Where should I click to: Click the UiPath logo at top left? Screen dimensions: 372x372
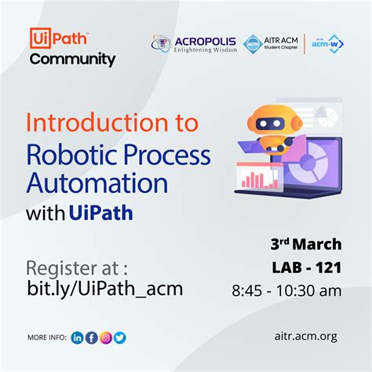pyautogui.click(x=59, y=38)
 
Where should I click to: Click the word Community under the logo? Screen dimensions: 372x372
pyautogui.click(x=72, y=60)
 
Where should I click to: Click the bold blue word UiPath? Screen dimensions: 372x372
pyautogui.click(x=100, y=213)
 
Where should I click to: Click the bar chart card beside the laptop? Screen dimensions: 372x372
pyautogui.click(x=255, y=176)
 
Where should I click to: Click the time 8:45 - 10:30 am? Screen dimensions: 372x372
pyautogui.click(x=298, y=291)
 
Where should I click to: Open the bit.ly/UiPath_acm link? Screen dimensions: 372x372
pyautogui.click(x=104, y=288)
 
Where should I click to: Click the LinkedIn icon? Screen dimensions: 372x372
pyautogui.click(x=77, y=337)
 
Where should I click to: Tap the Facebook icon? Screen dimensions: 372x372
pyautogui.click(x=91, y=337)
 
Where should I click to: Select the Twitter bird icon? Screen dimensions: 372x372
pyautogui.click(x=119, y=337)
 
